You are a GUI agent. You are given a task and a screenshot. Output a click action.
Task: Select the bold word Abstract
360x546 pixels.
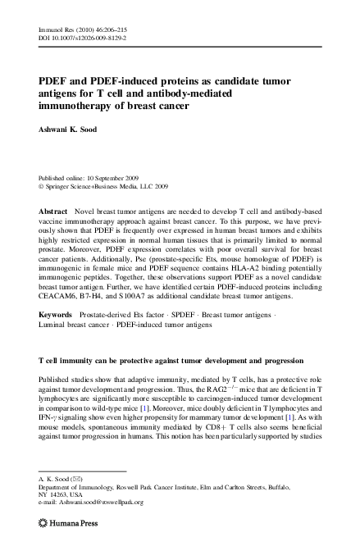53,211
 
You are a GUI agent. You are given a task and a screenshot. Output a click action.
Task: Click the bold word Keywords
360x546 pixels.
56,315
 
